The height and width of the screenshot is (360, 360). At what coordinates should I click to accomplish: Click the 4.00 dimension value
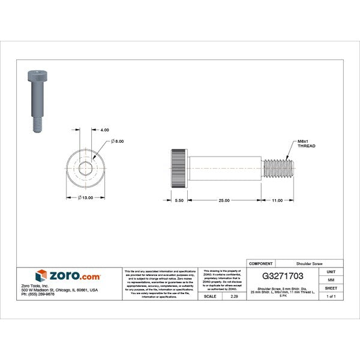click(x=104, y=130)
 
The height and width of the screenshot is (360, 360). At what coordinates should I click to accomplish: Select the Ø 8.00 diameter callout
click(x=117, y=141)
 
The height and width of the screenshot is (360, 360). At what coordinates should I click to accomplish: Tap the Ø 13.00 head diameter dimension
click(x=87, y=197)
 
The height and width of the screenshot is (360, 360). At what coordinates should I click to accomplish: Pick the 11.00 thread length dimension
click(x=277, y=200)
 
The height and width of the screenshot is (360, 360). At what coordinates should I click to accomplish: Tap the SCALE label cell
click(x=210, y=296)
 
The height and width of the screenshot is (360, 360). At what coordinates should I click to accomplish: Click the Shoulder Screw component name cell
click(x=310, y=263)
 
